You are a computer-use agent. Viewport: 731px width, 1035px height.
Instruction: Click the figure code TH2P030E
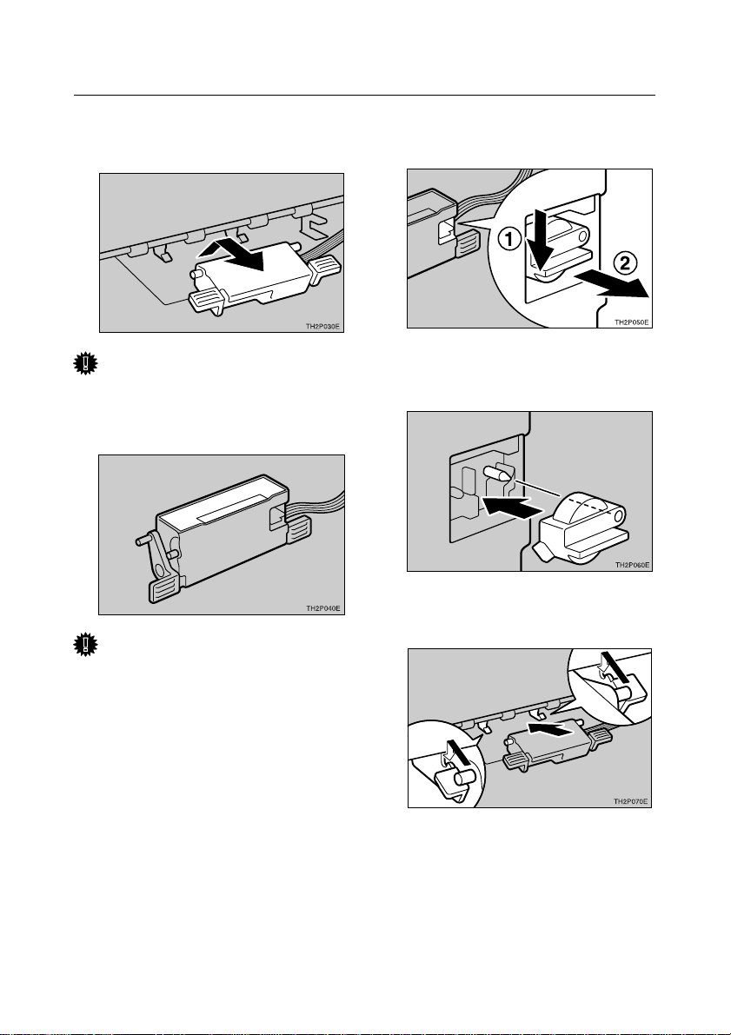322,326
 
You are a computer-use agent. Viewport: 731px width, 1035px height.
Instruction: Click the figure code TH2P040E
322,608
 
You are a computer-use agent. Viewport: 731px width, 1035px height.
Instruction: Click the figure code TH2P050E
632,322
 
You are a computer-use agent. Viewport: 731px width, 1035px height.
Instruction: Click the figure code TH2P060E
632,565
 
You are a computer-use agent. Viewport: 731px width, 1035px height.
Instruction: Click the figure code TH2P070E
631,801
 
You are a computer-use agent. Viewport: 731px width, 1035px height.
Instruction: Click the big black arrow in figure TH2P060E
507,508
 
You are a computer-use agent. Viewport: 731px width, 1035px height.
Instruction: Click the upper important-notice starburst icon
85,364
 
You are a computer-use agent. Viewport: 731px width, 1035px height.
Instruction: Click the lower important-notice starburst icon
85,645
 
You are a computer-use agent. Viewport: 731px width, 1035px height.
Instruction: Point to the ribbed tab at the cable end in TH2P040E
298,531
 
